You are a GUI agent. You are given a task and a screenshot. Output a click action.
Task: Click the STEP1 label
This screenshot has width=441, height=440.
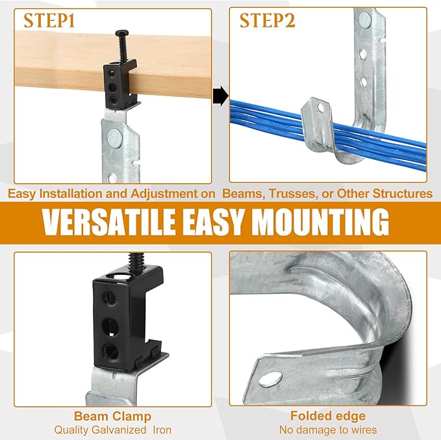click(x=49, y=20)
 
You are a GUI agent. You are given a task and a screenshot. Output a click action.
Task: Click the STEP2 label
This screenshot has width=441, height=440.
click(x=267, y=20)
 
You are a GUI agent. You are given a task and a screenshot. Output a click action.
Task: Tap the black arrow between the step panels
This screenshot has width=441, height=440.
click(x=221, y=96)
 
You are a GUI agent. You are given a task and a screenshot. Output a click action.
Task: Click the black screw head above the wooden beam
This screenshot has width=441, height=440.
click(x=122, y=33)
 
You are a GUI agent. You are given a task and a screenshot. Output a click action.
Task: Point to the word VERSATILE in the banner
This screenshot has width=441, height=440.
click(x=108, y=222)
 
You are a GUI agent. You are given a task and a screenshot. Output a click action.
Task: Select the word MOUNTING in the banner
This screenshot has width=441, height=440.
click(x=320, y=222)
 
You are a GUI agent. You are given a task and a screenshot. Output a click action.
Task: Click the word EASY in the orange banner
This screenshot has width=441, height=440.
click(x=213, y=222)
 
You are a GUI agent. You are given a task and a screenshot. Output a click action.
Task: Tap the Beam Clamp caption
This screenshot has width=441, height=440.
click(x=112, y=417)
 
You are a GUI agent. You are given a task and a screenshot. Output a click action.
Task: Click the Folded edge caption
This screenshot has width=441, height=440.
click(x=328, y=416)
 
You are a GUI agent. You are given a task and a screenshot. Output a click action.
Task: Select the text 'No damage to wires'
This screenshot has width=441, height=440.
click(x=328, y=430)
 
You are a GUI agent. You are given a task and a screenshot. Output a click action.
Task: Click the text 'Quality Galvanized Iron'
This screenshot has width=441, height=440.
click(x=113, y=430)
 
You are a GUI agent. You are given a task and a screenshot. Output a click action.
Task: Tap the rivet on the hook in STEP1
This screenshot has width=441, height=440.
click(x=114, y=137)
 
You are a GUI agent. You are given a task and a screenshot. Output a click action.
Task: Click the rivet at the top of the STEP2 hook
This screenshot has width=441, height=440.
click(x=365, y=19)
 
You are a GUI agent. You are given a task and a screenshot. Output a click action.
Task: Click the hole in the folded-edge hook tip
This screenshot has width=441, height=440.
click(x=270, y=379)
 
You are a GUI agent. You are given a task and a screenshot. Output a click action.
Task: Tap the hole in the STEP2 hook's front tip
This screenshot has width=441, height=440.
click(x=320, y=107)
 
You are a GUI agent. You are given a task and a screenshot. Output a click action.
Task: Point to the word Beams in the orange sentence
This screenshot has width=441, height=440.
click(x=244, y=194)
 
